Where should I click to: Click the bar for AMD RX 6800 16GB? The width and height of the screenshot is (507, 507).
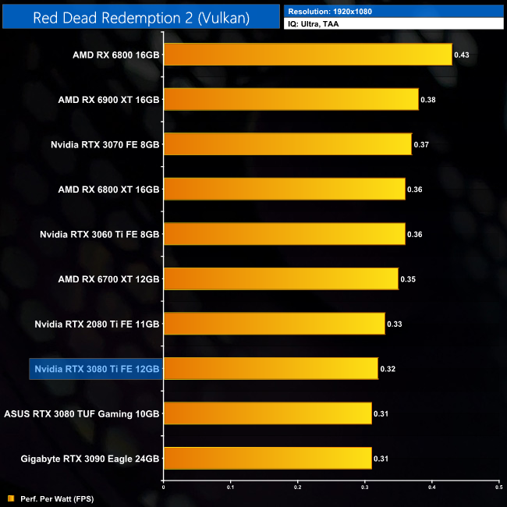(307, 55)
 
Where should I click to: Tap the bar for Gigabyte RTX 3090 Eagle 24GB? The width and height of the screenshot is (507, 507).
(267, 458)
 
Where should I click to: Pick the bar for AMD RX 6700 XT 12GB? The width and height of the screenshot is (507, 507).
(281, 278)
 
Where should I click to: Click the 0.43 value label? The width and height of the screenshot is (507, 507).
(461, 55)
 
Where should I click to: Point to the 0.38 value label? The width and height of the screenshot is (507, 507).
(427, 100)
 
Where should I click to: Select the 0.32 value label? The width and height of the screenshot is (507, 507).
(387, 368)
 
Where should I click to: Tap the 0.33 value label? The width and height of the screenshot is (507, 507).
(394, 324)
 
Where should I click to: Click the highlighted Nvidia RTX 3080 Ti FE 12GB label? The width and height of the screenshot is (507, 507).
(96, 368)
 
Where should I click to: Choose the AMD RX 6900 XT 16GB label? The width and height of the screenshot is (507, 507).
(108, 100)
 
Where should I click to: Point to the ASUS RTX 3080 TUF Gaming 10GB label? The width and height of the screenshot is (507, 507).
(82, 413)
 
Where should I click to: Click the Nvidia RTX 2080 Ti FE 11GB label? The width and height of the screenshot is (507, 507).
(97, 324)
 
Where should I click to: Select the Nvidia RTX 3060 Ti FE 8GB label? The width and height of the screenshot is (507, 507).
(99, 234)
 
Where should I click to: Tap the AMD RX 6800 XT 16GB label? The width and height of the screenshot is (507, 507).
(108, 190)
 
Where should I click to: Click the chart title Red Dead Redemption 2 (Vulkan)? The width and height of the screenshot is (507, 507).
(141, 17)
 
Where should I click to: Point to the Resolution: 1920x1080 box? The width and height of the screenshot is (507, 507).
(394, 12)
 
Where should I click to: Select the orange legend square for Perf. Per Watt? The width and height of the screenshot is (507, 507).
(11, 498)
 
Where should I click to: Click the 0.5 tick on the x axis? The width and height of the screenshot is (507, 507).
(498, 487)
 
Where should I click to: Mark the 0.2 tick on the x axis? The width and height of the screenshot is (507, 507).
(297, 487)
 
